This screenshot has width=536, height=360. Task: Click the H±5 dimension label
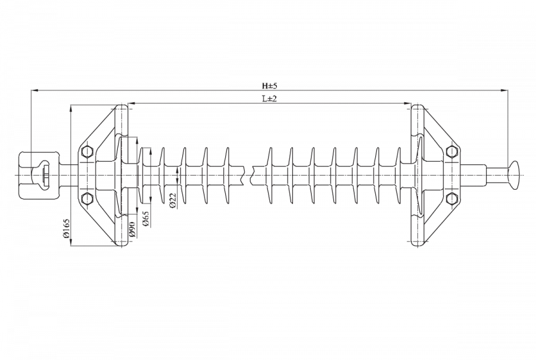(269, 86)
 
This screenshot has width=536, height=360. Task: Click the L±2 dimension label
(269, 99)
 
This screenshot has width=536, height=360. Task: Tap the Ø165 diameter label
(66, 228)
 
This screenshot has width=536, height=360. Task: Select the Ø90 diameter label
(133, 230)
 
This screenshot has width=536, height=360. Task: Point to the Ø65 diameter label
(146, 218)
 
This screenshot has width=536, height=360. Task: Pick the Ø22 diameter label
(173, 200)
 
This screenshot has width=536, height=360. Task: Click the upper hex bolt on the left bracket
(88, 151)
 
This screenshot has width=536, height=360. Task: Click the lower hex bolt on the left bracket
(88, 198)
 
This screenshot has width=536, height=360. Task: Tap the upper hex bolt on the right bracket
(452, 151)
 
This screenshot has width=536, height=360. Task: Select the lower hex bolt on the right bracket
(452, 198)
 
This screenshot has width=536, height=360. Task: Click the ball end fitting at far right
(513, 174)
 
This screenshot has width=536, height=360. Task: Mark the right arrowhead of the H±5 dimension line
(504, 90)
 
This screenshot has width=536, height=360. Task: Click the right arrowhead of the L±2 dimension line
(407, 103)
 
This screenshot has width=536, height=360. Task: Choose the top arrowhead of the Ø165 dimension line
(71, 109)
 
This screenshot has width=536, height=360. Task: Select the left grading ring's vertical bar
(121, 176)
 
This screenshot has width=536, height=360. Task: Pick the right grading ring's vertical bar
(417, 176)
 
